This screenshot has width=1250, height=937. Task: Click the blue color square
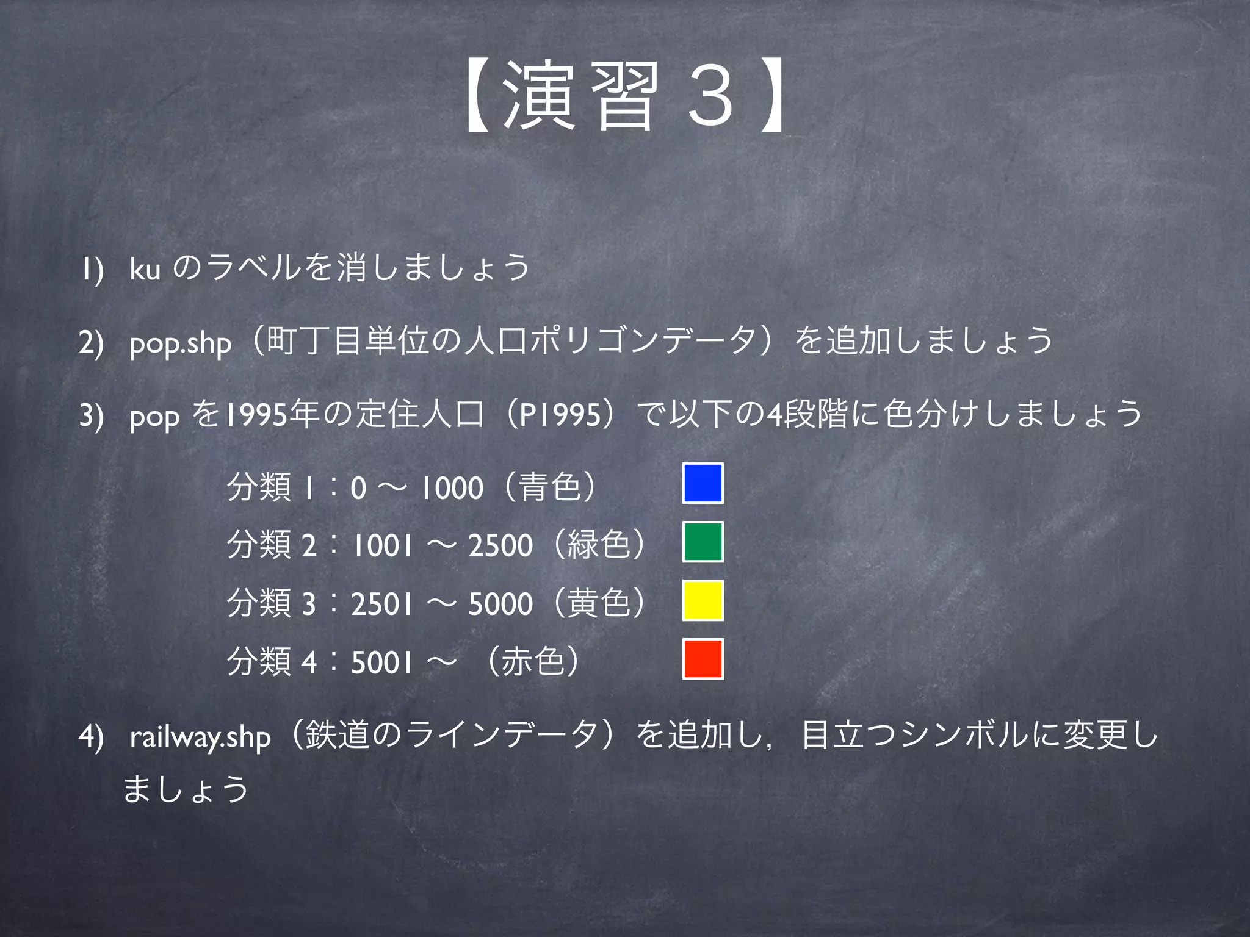[x=703, y=483]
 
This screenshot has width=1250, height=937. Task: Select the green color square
[x=703, y=542]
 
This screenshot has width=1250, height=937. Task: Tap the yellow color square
[x=703, y=600]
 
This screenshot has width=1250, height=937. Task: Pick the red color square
[x=703, y=659]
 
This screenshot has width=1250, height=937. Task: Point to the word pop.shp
[x=181, y=343]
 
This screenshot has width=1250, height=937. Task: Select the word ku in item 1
[x=145, y=269]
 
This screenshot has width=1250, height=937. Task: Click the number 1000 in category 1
[x=452, y=488]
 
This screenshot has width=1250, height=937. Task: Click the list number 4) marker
[x=91, y=737]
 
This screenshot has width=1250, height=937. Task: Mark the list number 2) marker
[x=91, y=343]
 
